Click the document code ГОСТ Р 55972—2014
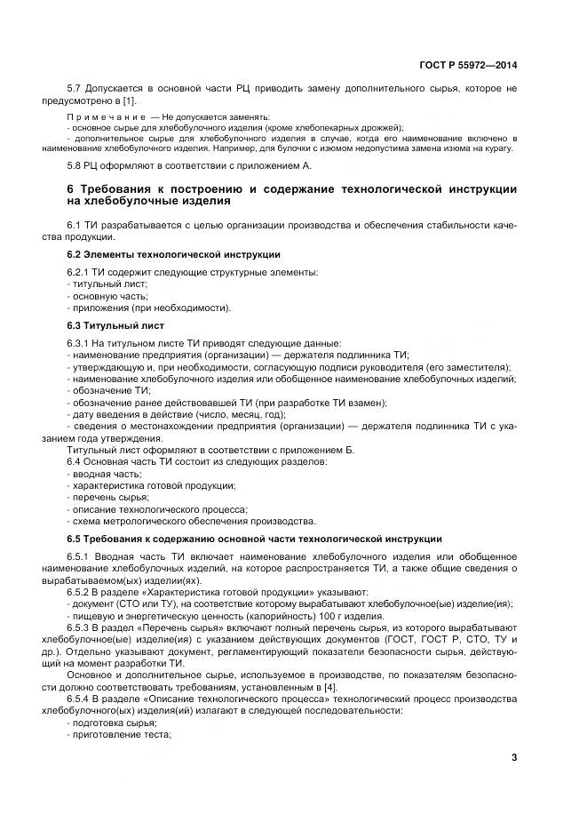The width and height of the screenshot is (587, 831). click(468, 65)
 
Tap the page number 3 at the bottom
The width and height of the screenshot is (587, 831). click(513, 757)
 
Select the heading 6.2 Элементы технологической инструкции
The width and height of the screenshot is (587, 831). click(173, 254)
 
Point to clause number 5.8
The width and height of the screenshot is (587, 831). click(76, 165)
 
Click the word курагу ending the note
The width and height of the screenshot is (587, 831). click(501, 148)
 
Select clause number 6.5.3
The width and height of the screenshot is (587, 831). click(83, 627)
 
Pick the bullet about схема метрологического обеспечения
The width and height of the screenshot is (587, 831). click(192, 521)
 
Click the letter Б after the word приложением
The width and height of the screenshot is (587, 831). click(351, 450)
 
